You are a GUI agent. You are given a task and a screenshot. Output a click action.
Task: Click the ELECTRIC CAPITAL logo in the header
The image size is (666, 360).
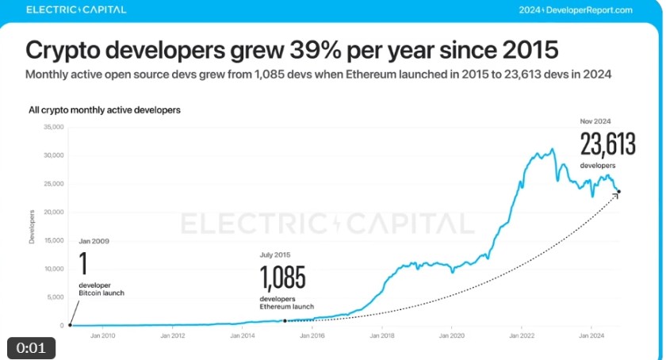(x=75, y=10)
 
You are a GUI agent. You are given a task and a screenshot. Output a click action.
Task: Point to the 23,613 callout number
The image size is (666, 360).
(x=609, y=144)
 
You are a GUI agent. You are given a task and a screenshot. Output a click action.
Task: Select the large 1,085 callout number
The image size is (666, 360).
(x=282, y=278)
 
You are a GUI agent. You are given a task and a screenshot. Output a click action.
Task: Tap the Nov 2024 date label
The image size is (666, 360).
(x=596, y=121)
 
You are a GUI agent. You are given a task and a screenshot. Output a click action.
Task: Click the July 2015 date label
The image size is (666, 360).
(x=275, y=255)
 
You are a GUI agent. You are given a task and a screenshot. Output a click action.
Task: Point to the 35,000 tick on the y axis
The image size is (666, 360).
(x=52, y=127)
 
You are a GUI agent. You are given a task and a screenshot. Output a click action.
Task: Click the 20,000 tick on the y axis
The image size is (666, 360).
(x=52, y=212)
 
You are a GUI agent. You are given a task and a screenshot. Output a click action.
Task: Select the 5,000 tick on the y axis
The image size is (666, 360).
(x=54, y=297)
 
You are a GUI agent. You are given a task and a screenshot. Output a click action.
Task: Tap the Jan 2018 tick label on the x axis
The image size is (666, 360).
(x=381, y=335)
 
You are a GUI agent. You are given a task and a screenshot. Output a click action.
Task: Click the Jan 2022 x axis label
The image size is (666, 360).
(x=521, y=335)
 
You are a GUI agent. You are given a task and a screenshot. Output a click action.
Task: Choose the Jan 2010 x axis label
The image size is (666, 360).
(x=103, y=335)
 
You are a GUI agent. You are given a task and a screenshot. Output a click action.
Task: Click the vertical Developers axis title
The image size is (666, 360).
(x=33, y=226)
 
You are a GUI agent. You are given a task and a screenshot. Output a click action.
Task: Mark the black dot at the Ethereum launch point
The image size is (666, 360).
(x=285, y=321)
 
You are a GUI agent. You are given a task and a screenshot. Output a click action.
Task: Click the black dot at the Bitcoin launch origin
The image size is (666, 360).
(x=70, y=325)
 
